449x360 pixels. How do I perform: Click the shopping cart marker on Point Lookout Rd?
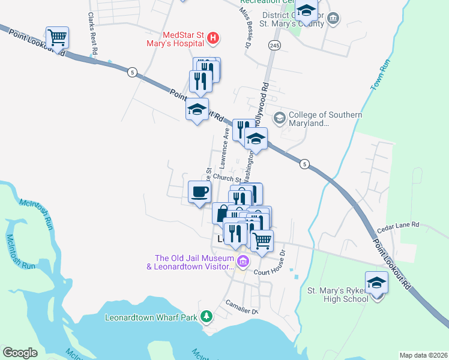coord(57,38)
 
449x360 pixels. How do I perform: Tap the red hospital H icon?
coord(212,40)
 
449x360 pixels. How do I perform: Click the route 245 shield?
coord(274,46)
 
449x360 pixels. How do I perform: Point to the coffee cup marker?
coord(199,192)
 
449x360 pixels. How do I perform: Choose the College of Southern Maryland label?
coord(325,119)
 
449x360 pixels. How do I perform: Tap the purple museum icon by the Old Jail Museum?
coord(243,262)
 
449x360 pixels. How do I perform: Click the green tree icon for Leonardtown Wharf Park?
coord(206,316)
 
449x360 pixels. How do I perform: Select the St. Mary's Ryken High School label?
coord(337,295)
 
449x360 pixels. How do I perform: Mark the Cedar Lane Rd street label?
coord(399,227)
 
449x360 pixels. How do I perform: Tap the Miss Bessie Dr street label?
coord(245,27)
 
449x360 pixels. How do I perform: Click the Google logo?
coord(20,353)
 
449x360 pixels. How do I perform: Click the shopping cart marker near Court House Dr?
coord(262,241)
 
